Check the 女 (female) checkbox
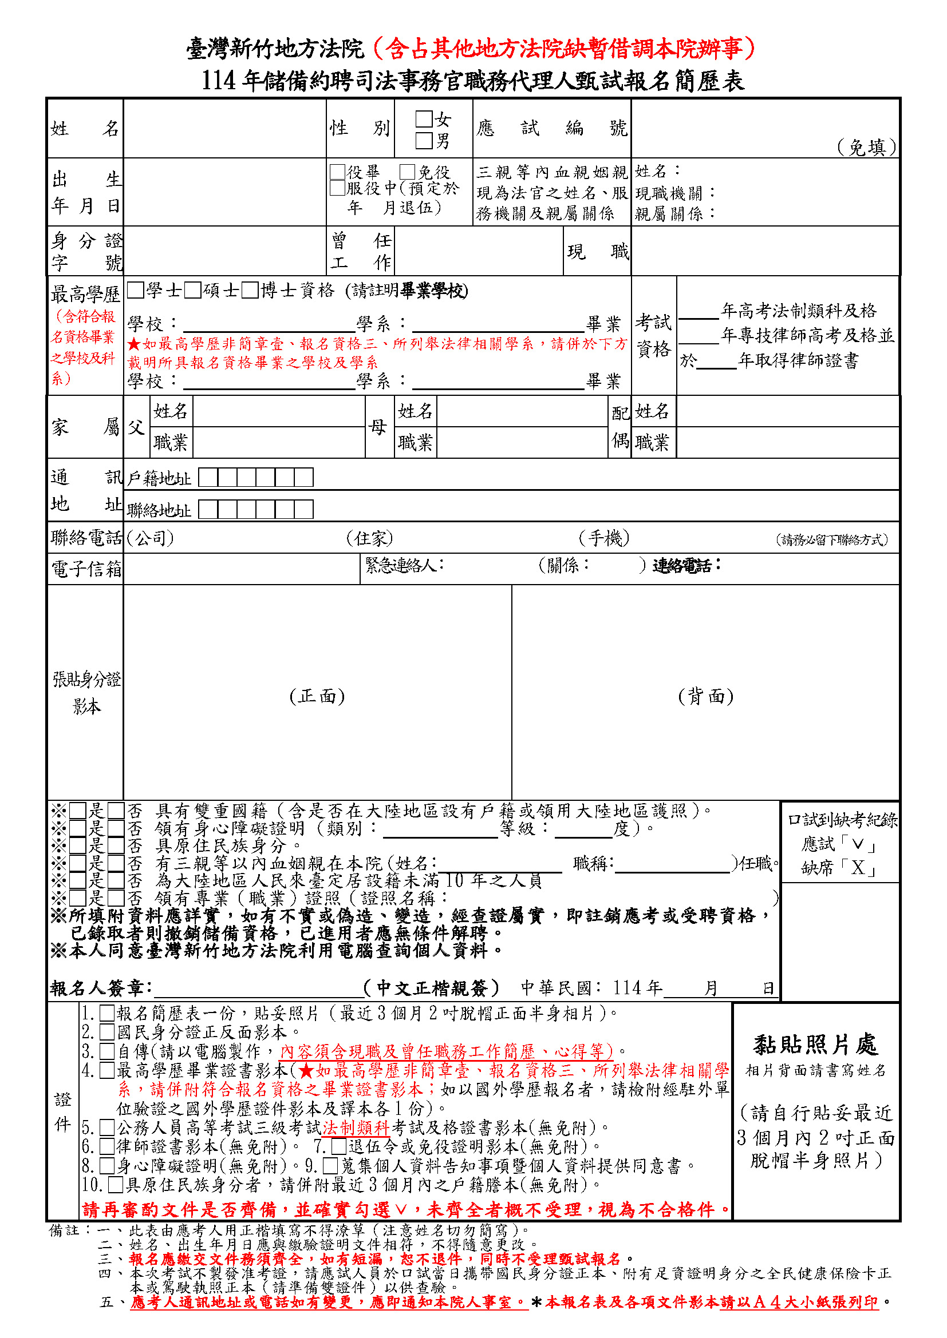(424, 119)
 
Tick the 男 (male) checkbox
(424, 141)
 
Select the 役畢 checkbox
(338, 172)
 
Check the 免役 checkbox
(407, 172)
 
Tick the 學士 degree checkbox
(136, 289)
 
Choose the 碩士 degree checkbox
(193, 289)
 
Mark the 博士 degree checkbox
(250, 289)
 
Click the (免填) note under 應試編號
(866, 148)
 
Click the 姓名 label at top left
(85, 128)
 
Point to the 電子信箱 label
(86, 569)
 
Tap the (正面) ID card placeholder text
(317, 696)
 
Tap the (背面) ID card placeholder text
(705, 696)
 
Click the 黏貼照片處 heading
(815, 1045)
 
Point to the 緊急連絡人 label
(405, 565)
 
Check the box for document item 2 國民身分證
(106, 1032)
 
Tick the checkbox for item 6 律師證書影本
(106, 1146)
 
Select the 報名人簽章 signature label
(101, 988)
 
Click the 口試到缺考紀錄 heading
(842, 820)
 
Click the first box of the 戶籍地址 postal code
(208, 478)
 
